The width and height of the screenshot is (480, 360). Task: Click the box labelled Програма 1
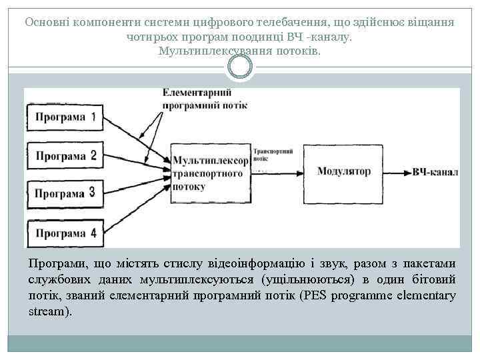coord(65,118)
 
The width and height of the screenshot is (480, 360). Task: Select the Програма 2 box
coord(65,156)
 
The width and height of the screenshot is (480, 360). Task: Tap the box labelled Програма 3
coord(65,194)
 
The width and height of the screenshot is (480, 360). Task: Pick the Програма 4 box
coord(65,233)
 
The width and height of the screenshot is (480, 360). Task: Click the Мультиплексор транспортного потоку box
coord(211,173)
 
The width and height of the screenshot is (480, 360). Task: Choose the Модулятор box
coord(343,171)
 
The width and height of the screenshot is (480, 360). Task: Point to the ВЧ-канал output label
coord(435,172)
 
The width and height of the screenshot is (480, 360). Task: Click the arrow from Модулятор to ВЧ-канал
coord(397,172)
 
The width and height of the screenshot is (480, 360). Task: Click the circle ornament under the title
coord(240,65)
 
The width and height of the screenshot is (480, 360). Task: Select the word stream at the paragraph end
coord(47,311)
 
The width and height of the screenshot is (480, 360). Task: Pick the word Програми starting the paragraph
coord(53,263)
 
